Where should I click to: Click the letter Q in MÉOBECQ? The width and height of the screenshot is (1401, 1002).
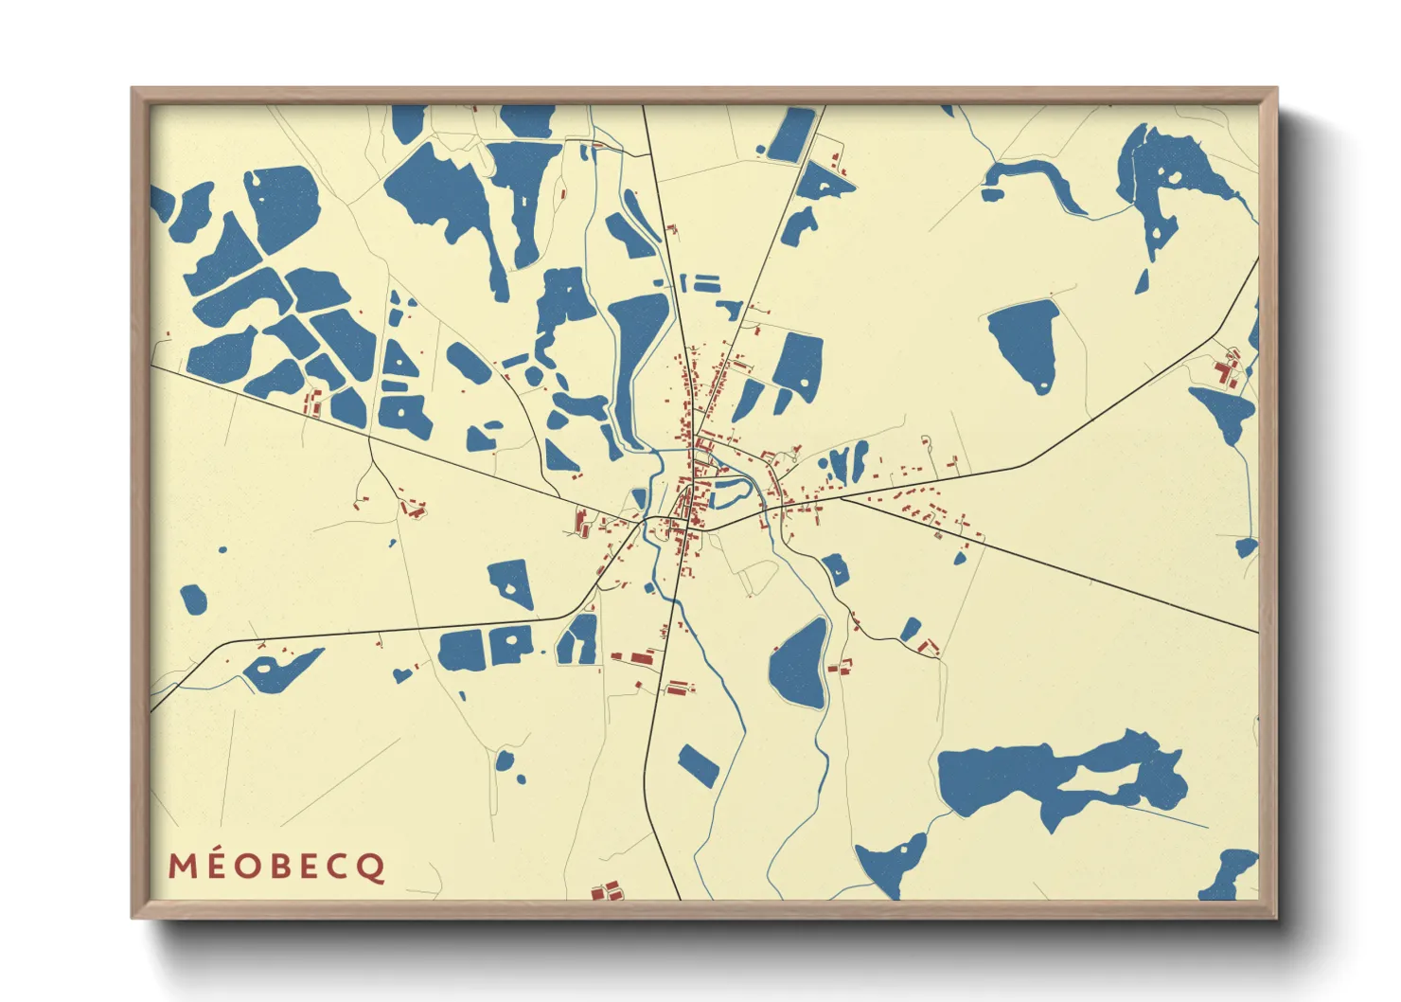coord(372,867)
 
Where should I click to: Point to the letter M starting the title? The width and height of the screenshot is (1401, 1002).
coord(180,867)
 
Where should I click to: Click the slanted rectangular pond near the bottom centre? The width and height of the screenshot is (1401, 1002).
coord(699,765)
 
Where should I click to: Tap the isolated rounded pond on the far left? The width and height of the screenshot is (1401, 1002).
coord(193,599)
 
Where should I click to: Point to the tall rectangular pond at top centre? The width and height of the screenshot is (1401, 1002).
coord(791,134)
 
